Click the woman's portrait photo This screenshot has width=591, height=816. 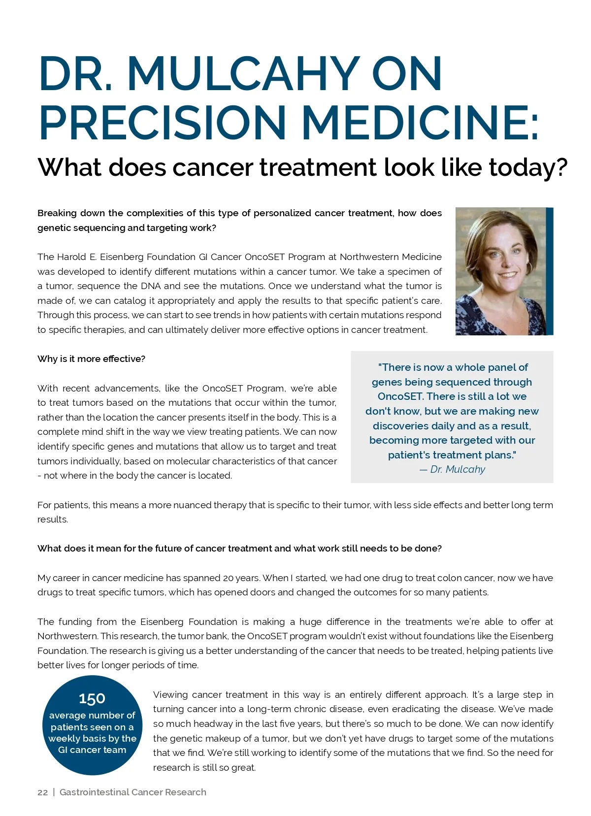(502, 271)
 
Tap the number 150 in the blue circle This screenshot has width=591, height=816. (92, 698)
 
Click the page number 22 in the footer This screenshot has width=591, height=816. (43, 792)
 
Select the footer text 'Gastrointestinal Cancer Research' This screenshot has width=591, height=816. (133, 792)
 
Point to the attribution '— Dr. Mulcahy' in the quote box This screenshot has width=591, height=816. (452, 469)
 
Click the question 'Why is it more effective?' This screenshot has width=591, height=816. (91, 359)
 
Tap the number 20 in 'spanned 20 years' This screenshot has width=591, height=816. (228, 578)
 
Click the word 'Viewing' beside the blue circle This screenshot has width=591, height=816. (170, 695)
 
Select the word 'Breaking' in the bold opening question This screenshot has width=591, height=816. (57, 213)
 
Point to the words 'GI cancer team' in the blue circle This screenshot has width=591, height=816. (92, 750)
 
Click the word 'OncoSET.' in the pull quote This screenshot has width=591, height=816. (400, 396)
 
